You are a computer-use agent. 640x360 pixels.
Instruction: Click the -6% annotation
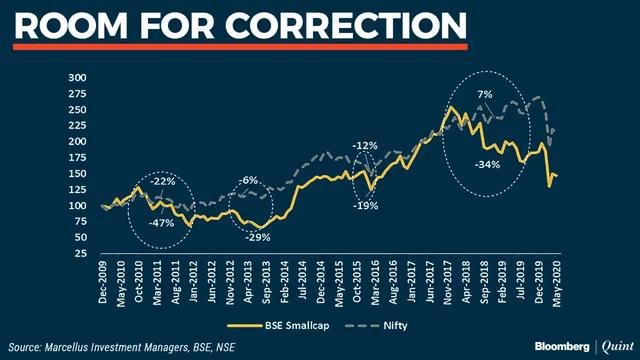(x=249, y=180)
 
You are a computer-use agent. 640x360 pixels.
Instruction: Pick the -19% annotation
(x=365, y=205)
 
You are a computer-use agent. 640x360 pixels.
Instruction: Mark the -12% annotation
(x=366, y=146)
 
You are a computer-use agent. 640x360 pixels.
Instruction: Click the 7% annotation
(x=484, y=95)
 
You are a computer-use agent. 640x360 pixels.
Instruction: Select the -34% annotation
(x=488, y=164)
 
